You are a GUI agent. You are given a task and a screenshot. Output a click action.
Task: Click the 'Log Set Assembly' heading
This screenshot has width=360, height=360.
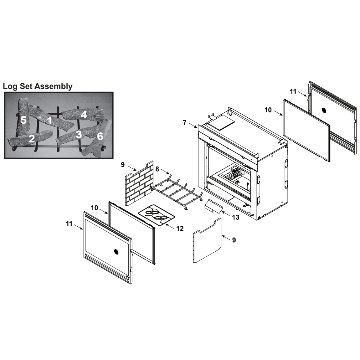[38, 86]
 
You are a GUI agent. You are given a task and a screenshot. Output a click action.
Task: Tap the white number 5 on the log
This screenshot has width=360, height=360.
[23, 120]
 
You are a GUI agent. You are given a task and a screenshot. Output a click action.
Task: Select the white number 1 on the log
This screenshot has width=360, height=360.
[50, 120]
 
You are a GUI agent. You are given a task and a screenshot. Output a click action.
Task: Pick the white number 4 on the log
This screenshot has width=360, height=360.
[84, 115]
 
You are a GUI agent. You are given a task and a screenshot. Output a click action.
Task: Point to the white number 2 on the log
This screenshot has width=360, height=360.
[32, 139]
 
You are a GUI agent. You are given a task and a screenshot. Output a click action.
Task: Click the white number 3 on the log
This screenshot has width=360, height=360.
[79, 134]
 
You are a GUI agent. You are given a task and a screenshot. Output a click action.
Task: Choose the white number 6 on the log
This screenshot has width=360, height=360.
[100, 136]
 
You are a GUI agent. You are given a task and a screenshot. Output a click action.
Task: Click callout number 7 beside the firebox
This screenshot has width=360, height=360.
[185, 123]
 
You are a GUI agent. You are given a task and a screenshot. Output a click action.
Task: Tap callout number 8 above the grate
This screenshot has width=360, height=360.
[157, 169]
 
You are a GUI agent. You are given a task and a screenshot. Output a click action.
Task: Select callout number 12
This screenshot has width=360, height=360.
[180, 228]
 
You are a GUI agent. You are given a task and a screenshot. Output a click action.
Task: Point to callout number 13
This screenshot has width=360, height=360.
[235, 217]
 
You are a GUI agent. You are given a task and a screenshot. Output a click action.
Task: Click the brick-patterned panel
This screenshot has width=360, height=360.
[139, 183]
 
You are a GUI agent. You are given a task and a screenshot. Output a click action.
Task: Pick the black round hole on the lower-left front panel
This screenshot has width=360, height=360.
[117, 252]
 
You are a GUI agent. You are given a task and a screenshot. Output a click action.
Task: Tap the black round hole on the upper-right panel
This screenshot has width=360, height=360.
[324, 110]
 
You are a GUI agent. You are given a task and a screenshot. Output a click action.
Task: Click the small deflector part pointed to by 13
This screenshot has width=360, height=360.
[213, 206]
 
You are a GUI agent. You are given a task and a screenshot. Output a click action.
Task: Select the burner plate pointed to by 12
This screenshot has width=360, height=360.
[157, 215]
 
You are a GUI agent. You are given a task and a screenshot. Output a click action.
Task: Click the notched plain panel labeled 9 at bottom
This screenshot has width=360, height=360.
[207, 240]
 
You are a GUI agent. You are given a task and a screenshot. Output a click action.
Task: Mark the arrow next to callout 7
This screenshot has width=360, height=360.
[193, 126]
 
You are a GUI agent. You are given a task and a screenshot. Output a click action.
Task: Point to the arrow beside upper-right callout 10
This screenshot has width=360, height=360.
[278, 113]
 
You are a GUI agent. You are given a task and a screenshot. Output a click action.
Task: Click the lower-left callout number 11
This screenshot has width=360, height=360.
[69, 224]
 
